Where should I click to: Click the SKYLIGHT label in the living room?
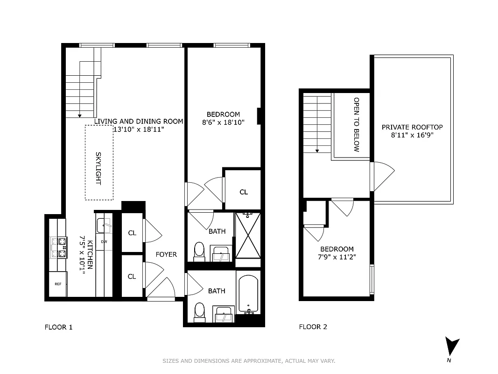click(98, 163)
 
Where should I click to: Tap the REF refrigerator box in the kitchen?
click(58, 284)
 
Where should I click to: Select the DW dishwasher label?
click(104, 242)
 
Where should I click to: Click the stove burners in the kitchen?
click(59, 248)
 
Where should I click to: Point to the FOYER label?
click(166, 254)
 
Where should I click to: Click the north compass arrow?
click(451, 346)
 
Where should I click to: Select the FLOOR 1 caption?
click(58, 327)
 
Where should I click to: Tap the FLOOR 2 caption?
click(313, 327)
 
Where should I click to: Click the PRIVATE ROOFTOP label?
click(412, 127)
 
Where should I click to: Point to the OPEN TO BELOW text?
click(356, 125)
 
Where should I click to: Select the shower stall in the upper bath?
click(248, 235)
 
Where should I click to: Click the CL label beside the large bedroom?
click(244, 192)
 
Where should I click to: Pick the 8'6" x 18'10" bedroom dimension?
click(223, 122)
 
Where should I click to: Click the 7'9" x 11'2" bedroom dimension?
click(337, 257)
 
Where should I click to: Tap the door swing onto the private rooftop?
click(383, 176)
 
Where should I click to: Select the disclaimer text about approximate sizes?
click(249, 361)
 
